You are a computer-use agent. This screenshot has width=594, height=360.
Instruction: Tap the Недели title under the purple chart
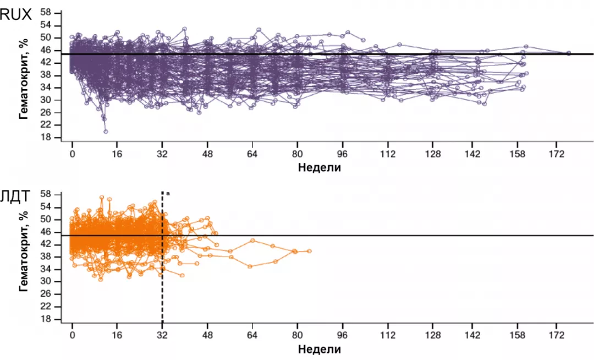point(319,168)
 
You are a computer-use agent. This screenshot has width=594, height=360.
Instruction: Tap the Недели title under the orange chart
point(319,350)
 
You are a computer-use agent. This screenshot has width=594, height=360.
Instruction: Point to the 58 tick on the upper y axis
point(45,13)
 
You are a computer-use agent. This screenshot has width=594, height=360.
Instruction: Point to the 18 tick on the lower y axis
point(45,319)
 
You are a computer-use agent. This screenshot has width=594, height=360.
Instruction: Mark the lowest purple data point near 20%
point(106,132)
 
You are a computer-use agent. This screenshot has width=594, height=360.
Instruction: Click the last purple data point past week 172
point(569,53)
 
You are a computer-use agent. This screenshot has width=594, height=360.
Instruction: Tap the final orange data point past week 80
point(310,251)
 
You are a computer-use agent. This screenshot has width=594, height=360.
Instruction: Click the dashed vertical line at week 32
point(162,275)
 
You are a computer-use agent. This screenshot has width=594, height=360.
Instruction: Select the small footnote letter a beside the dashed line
point(167,193)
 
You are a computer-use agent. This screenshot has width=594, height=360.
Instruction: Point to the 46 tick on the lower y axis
point(45,232)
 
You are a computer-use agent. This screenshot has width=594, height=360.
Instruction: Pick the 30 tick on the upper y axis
point(45,100)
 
